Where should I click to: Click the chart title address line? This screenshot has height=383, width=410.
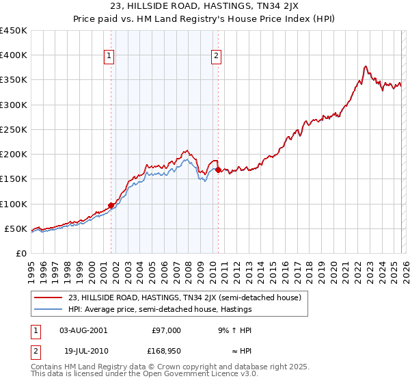[x=204, y=8]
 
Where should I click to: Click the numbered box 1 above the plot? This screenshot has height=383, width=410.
[x=109, y=57]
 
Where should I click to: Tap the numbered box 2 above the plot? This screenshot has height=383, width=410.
[x=216, y=57]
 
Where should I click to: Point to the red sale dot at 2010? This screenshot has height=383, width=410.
[x=218, y=170]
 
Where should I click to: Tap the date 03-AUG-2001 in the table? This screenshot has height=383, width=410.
[x=83, y=330]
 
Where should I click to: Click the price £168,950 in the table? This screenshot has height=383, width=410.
[x=165, y=353]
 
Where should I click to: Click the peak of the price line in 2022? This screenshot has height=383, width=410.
[x=366, y=66]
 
